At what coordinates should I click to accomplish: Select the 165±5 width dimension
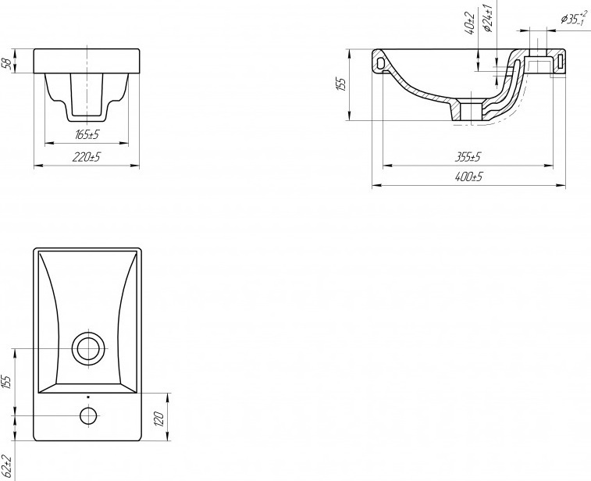pos(87,134)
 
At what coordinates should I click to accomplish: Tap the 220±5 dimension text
pos(87,157)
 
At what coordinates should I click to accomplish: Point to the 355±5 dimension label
pos(468,157)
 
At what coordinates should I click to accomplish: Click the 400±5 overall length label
pos(468,176)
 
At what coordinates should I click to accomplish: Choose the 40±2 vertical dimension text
pos(470,23)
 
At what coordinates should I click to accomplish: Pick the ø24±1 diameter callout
pos(489,18)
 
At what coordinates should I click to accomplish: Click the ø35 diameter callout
pos(573,18)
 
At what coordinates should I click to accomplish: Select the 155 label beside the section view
pos(340,84)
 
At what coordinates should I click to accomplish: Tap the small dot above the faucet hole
pos(88,397)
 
